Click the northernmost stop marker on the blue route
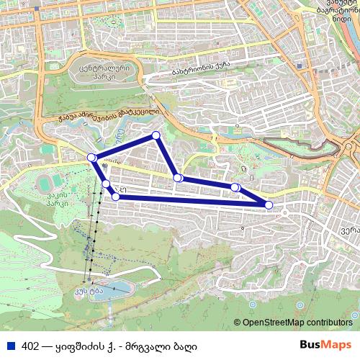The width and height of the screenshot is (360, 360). tap(155, 135)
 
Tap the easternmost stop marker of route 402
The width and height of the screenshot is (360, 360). tap(269, 205)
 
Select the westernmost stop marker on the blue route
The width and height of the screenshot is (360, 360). tap(91, 158)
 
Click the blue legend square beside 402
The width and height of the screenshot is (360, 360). tap(9, 345)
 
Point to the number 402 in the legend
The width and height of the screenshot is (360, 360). tap(31, 345)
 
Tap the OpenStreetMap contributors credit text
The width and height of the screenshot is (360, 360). tap(297, 323)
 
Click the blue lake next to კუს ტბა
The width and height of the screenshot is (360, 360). tap(119, 289)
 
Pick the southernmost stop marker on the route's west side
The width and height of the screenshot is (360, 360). tap(115, 196)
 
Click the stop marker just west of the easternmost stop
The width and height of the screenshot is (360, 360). tap(235, 187)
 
